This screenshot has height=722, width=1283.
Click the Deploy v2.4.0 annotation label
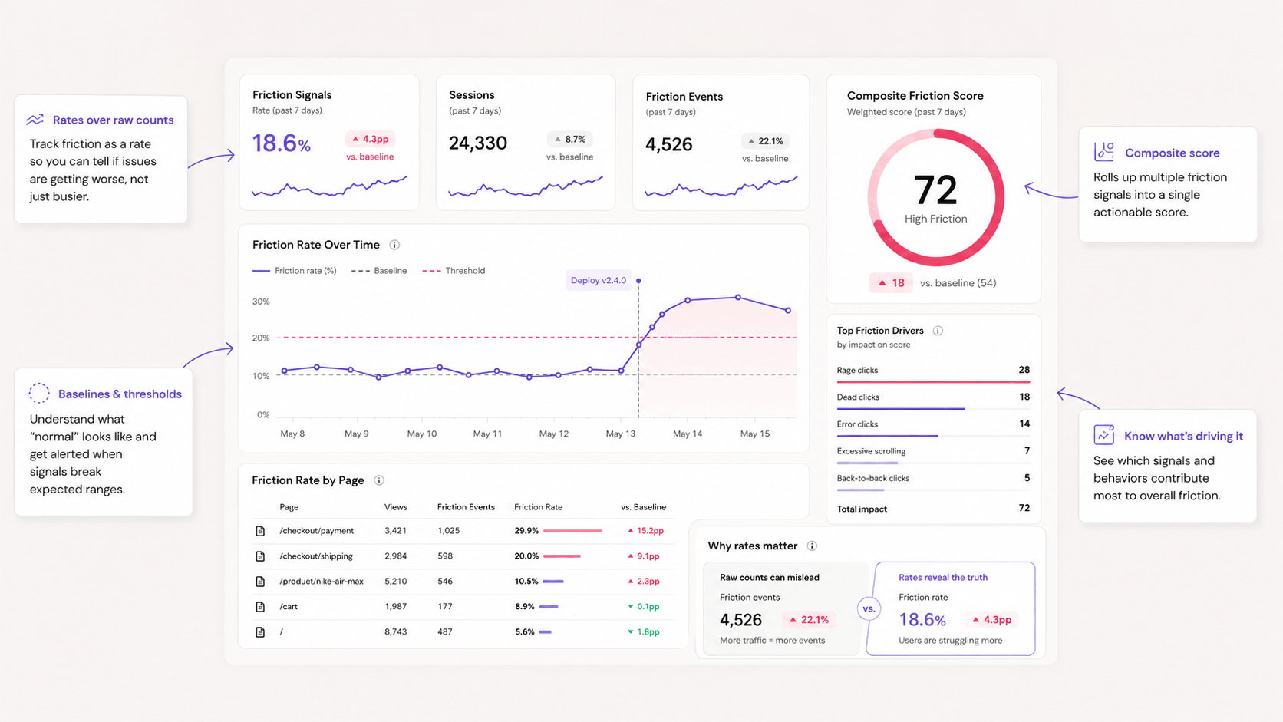point(598,280)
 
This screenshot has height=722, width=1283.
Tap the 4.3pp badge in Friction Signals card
point(370,139)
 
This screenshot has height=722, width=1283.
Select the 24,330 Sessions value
point(478,143)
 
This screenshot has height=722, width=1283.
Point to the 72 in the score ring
point(935,190)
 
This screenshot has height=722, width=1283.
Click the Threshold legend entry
point(454,271)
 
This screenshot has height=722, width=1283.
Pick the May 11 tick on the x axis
point(487,434)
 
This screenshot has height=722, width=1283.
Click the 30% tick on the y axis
point(261,302)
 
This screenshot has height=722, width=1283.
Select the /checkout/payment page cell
point(317,531)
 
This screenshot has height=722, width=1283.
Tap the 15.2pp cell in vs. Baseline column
point(645,531)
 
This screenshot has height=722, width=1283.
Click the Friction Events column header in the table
point(466,507)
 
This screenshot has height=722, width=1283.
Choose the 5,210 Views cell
point(396,581)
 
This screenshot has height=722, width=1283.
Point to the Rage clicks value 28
point(1024,370)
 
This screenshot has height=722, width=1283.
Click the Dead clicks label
point(858,397)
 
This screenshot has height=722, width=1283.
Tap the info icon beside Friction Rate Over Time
point(394,245)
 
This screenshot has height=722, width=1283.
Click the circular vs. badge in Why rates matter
point(869,608)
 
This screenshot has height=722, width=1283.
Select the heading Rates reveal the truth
point(943,577)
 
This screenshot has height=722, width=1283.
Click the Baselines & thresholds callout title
point(120,394)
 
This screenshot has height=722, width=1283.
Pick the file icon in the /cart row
point(260,607)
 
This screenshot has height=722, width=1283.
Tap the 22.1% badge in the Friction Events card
point(766,141)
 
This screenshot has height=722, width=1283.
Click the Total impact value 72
point(1024,508)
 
